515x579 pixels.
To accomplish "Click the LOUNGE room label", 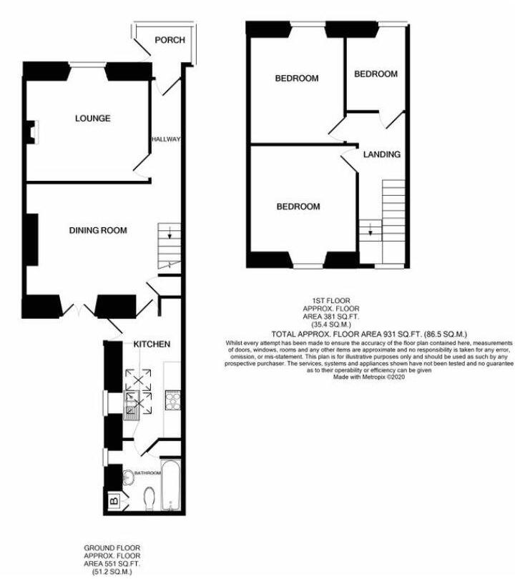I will pos(93,119).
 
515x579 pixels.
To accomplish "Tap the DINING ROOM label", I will pos(98,230).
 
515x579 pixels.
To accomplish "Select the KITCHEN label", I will pos(152,345).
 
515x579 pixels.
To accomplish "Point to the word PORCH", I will pos(170,40).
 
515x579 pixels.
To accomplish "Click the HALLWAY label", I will pos(166,139).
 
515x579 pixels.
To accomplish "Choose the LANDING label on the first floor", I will pos(381,154).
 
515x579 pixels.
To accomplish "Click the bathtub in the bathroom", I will pos(172,488).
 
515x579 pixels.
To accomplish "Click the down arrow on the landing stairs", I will pos(371,231).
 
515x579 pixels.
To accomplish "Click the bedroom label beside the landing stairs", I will pos(298,207).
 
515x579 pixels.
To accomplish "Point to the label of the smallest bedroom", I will pos(376,74).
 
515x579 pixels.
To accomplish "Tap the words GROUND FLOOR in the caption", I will pos(112,548).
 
